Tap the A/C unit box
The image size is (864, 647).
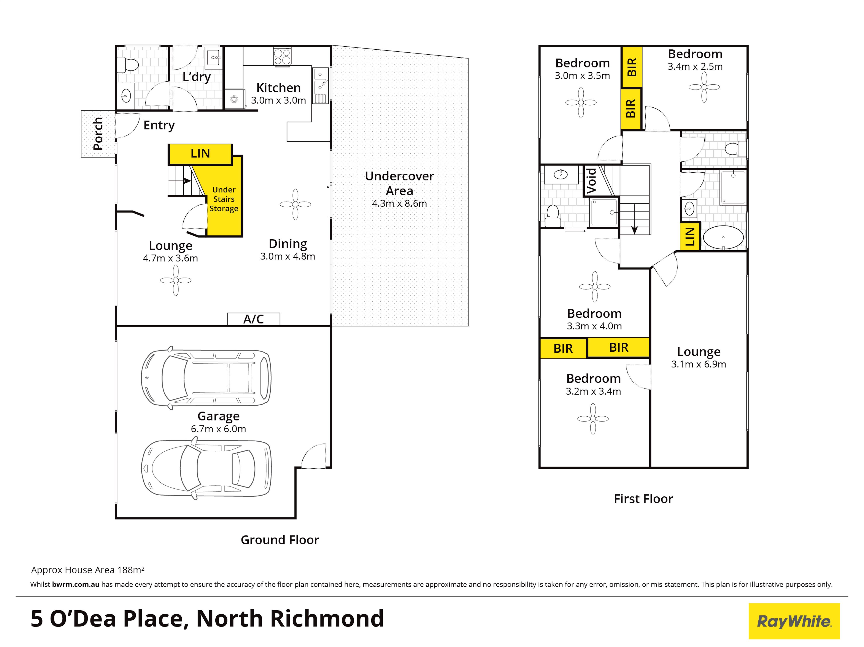pos(254,319)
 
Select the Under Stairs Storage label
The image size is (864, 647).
pos(224,199)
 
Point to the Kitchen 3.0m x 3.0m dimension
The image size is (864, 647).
pos(278,100)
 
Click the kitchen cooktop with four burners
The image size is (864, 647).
pos(282,57)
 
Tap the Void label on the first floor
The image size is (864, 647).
pos(591,181)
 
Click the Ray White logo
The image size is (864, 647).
pos(794,621)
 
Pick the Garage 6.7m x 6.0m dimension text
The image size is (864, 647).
pos(218,429)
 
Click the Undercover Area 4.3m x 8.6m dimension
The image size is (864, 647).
pos(399,203)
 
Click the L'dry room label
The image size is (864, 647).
pos(197,77)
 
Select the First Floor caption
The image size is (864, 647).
pos(643,499)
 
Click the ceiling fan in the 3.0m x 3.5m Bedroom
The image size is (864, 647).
pos(581,103)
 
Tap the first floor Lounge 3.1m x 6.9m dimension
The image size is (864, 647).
pos(698,364)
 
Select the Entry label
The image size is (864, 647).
pos(159,125)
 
